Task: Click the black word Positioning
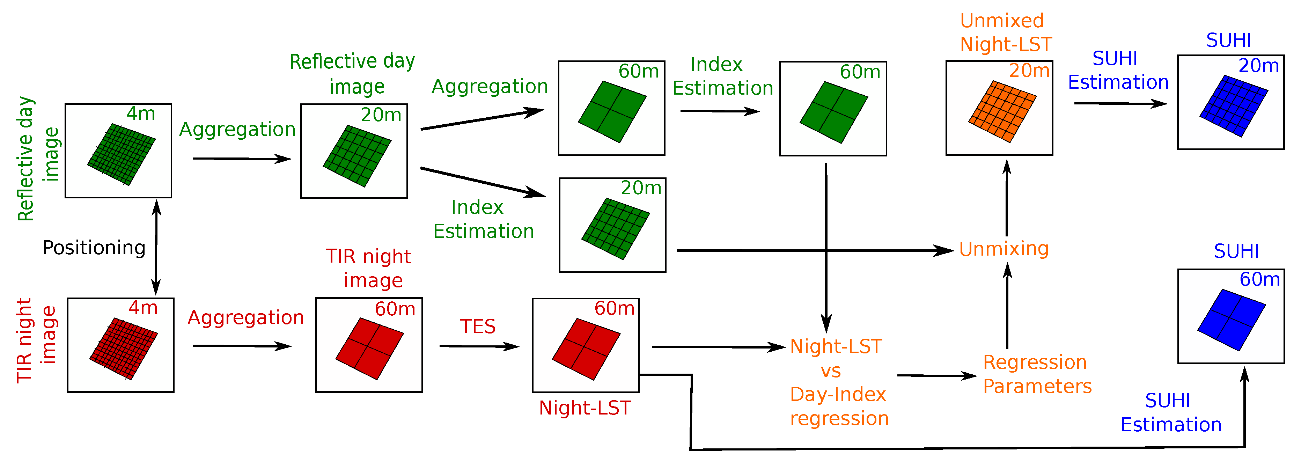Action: [x=94, y=248]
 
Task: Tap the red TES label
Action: [x=478, y=327]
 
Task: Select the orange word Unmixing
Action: [x=1003, y=249]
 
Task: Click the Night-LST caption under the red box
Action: [x=585, y=408]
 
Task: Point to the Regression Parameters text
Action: [x=1037, y=374]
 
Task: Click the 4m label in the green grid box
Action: [x=141, y=113]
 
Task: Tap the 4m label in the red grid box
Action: [x=143, y=307]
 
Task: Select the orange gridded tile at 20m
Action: [x=1002, y=111]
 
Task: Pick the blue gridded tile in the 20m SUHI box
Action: [x=1233, y=106]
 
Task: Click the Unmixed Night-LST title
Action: [x=1005, y=32]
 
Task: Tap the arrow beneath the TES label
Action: [x=479, y=346]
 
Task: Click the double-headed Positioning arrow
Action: [x=156, y=247]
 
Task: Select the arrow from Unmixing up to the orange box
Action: [x=1007, y=198]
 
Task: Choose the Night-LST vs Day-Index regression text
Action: [x=838, y=382]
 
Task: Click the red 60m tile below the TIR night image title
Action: [x=369, y=349]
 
